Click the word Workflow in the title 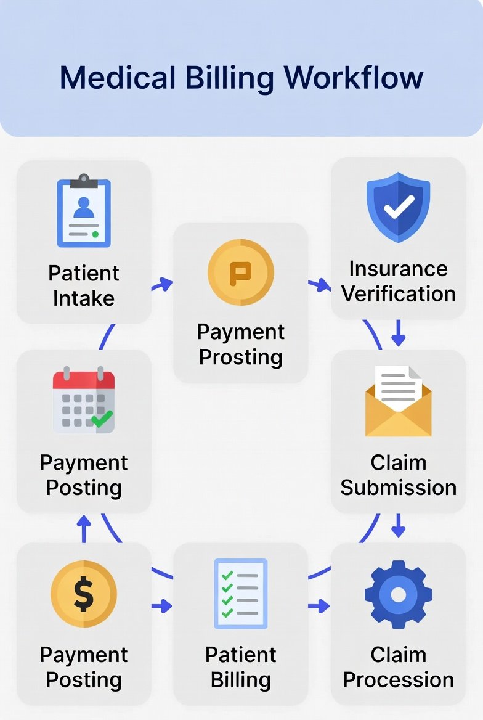tap(354, 77)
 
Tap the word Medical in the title tap(118, 77)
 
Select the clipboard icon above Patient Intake tap(84, 210)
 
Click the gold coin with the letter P tap(241, 272)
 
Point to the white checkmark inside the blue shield tap(399, 207)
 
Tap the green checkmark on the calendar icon tap(102, 419)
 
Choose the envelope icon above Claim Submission tap(398, 401)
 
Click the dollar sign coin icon tap(84, 594)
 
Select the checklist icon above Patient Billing tap(241, 594)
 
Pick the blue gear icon tap(398, 594)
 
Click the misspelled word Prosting tap(241, 358)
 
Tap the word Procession tap(399, 679)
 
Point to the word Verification tap(399, 294)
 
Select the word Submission tap(399, 488)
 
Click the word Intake tap(84, 298)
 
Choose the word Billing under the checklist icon tap(241, 680)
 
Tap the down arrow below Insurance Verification tap(398, 333)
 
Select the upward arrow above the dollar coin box tap(84, 528)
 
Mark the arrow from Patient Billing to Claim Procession tap(319, 606)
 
